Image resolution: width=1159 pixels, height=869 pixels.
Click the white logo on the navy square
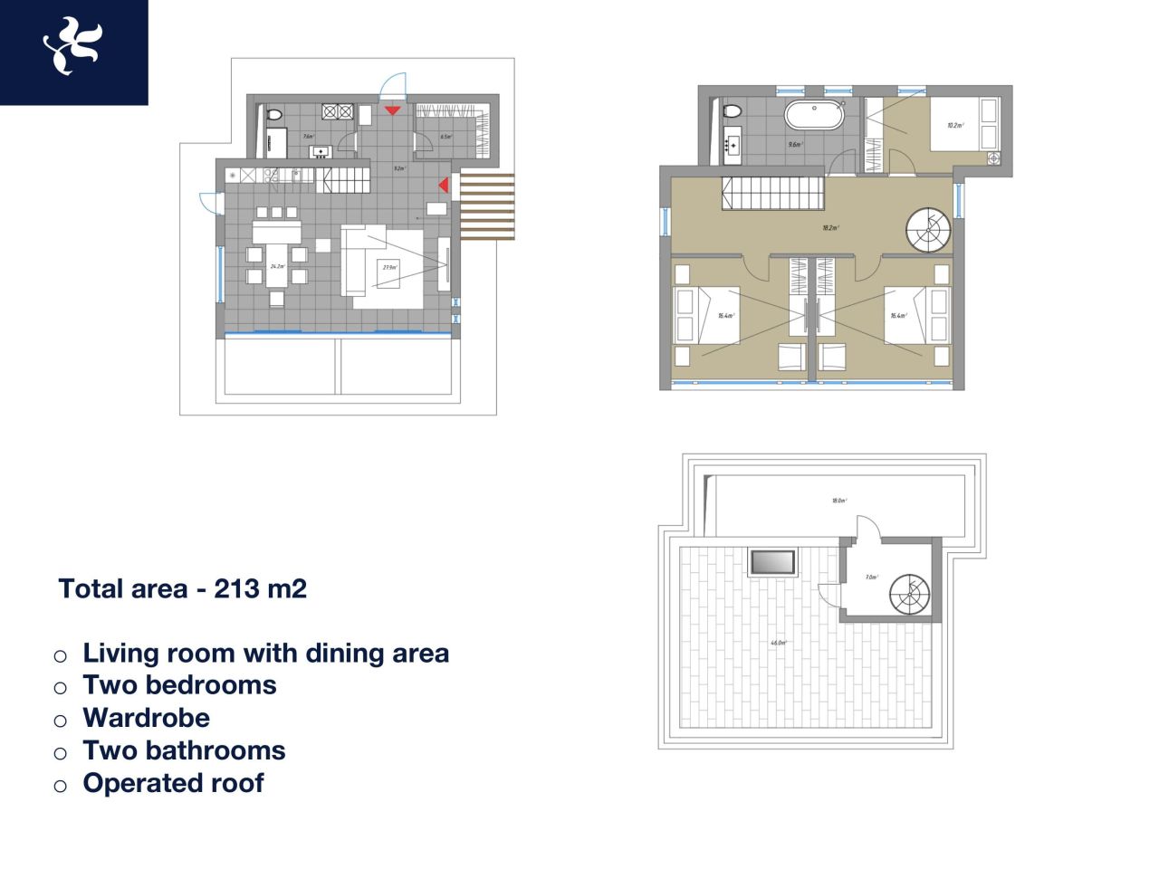tap(72, 47)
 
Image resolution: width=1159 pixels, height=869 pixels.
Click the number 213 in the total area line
tap(236, 589)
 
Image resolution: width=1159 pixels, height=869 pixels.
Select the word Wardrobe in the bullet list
tap(146, 718)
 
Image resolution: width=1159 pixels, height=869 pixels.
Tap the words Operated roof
tap(173, 783)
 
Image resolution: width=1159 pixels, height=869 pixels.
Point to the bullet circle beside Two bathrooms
tap(60, 753)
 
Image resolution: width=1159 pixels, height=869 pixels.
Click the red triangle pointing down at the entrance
tap(392, 110)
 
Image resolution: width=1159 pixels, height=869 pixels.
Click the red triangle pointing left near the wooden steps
tap(444, 185)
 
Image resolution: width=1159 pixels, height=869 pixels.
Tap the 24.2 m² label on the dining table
tap(277, 266)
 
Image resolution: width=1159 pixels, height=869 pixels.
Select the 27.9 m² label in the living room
tap(389, 268)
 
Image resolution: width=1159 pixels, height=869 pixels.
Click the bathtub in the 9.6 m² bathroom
tap(813, 115)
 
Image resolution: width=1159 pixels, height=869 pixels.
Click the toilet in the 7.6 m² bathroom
tap(273, 115)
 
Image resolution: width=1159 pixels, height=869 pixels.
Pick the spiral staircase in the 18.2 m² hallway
tap(929, 230)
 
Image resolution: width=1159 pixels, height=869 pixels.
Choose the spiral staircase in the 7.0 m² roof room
tap(909, 595)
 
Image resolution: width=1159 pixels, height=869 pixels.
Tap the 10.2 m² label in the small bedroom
tap(954, 126)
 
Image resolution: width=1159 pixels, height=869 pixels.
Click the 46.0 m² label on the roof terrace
tap(778, 643)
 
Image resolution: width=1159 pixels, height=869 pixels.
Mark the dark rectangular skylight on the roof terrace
tap(772, 562)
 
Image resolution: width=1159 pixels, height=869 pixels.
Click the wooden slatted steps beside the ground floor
tap(487, 206)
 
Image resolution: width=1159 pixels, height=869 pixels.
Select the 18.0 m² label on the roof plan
tap(838, 501)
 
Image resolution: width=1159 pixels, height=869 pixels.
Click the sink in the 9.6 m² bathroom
tap(732, 144)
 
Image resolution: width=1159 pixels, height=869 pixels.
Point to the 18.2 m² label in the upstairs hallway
tap(829, 228)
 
